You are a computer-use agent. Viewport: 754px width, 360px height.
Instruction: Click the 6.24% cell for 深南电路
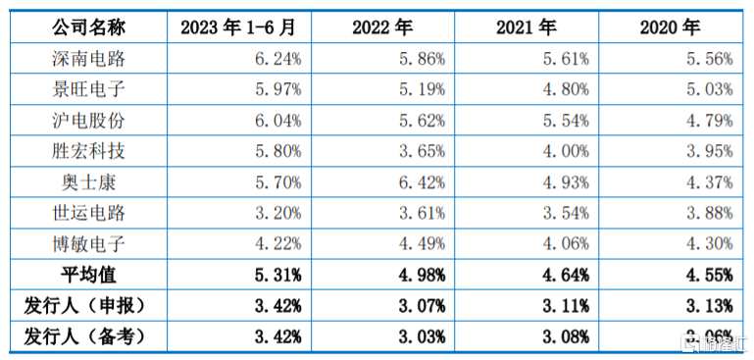[276, 59]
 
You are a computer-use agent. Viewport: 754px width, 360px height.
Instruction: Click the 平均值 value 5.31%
[276, 275]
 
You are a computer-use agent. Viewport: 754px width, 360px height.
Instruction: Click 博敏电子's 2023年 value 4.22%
[276, 244]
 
